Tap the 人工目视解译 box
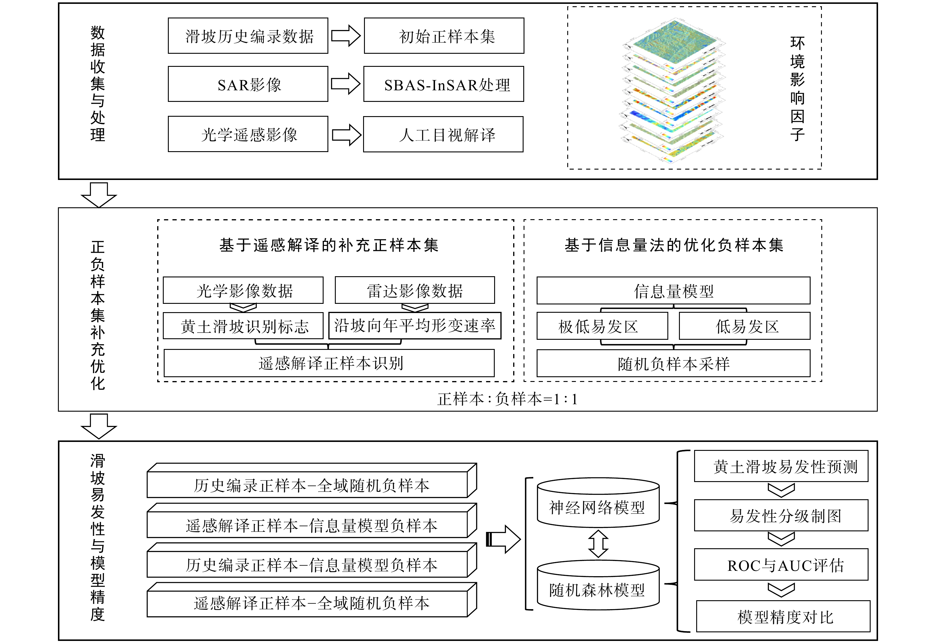point(443,135)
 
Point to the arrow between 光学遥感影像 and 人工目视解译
point(346,135)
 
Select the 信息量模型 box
point(673,290)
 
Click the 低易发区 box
point(745,326)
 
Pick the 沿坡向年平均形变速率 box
point(415,326)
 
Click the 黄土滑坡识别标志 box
point(243,326)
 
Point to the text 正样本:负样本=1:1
point(508,399)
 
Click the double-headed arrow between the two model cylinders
point(598,544)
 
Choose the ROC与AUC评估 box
point(781,564)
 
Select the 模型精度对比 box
point(783,616)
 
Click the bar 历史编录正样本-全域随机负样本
point(312,481)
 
